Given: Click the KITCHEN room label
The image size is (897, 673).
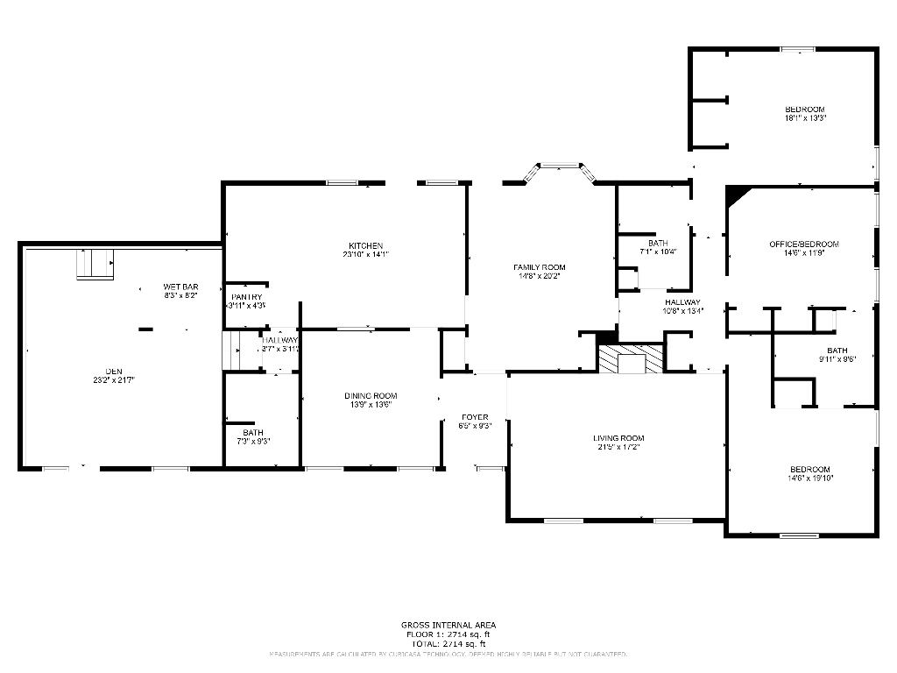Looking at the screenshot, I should [x=365, y=245].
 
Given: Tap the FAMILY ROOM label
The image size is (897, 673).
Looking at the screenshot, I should [x=539, y=267].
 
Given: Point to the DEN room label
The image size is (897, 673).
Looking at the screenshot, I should [x=113, y=372].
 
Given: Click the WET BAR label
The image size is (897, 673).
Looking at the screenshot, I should [x=180, y=287].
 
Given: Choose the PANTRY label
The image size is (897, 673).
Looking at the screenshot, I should [x=246, y=298].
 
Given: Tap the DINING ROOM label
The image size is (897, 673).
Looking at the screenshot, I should [x=370, y=396].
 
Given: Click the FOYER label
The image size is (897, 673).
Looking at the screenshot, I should [x=474, y=417].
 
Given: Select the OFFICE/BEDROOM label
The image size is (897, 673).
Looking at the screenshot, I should [x=803, y=244].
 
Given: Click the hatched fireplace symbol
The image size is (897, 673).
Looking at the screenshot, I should [x=631, y=359].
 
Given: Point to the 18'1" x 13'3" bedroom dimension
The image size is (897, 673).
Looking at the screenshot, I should [x=805, y=117].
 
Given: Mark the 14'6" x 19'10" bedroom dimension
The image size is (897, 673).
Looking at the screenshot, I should [x=809, y=478].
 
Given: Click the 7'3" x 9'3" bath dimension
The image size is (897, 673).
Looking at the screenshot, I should [x=252, y=441].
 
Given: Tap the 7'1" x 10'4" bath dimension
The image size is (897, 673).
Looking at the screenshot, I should [x=658, y=251].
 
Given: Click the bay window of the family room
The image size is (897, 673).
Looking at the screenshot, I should [x=559, y=168].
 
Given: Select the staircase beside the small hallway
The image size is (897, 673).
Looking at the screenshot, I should [x=232, y=351].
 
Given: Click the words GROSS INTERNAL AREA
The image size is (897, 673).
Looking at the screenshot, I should [x=448, y=625].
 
